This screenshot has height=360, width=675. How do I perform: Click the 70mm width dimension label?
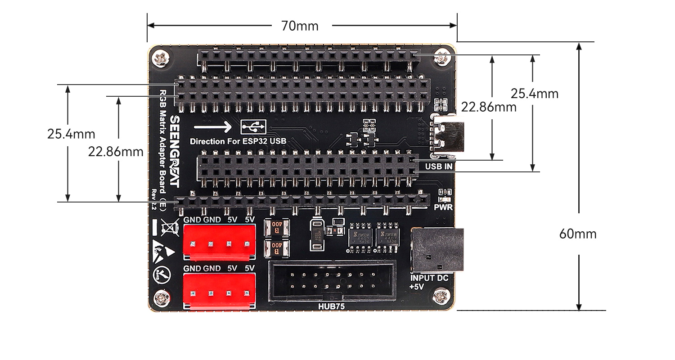[300, 26]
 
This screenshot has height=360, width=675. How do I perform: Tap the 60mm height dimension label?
[577, 234]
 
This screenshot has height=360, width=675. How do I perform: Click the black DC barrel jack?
[436, 250]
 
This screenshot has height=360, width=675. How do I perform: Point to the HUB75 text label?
[332, 306]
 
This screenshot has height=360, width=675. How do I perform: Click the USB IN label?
[439, 166]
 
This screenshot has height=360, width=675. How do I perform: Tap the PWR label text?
[443, 208]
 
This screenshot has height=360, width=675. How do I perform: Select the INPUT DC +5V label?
[429, 282]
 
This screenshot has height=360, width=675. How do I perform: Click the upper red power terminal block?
[219, 242]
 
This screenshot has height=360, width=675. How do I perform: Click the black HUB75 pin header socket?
[332, 281]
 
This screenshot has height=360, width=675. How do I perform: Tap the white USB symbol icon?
[253, 127]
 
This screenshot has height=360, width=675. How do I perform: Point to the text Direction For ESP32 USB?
[238, 141]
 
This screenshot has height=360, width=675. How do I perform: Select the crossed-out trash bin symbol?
[169, 226]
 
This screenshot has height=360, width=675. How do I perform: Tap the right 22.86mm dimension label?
[489, 107]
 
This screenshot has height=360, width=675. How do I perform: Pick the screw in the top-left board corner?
[162, 58]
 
